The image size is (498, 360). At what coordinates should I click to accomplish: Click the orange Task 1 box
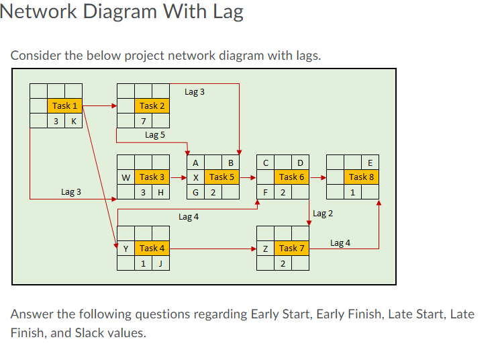[64, 105]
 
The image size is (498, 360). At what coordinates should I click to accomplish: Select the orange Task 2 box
[152, 105]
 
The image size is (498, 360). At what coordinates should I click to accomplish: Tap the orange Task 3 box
[152, 177]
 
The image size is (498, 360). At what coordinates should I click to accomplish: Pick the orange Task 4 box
[152, 248]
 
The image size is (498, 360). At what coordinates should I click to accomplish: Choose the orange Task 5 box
[221, 177]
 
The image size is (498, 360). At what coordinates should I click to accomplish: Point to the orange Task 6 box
[292, 177]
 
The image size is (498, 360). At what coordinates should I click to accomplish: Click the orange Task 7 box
[292, 248]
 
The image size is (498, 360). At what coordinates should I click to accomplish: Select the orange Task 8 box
[362, 177]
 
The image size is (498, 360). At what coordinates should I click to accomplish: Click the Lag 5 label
[154, 135]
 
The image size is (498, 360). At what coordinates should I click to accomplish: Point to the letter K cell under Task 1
[73, 122]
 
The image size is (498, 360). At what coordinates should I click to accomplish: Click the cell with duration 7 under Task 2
[143, 122]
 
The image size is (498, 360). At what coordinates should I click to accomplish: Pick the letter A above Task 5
[195, 162]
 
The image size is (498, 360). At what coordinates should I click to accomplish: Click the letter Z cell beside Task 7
[266, 248]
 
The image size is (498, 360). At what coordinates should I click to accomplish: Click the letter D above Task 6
[300, 162]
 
